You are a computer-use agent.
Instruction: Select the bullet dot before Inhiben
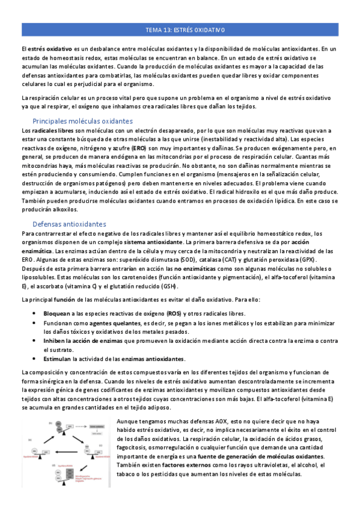37,341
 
